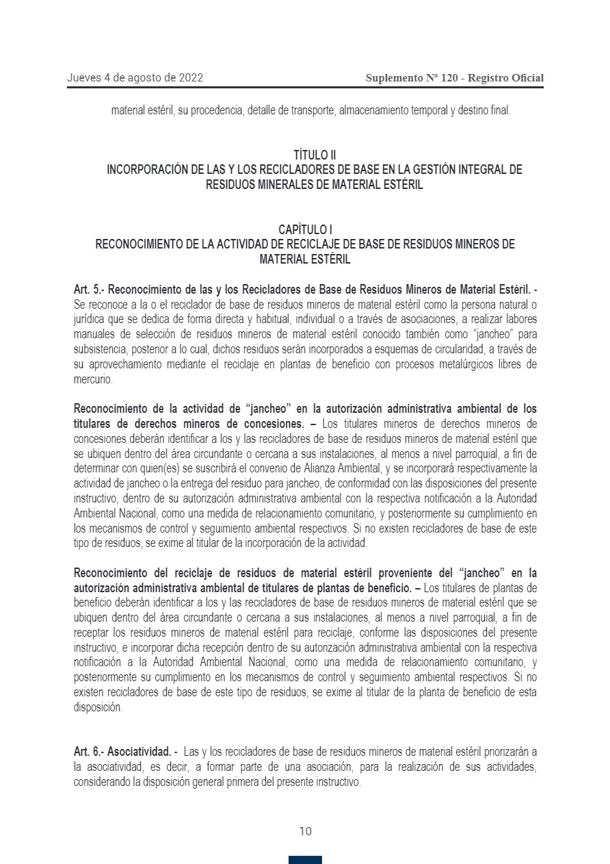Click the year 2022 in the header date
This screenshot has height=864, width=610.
click(x=189, y=78)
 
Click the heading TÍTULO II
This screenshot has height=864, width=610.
click(x=315, y=156)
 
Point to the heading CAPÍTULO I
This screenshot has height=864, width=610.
click(x=305, y=229)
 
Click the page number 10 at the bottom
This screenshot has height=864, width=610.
click(x=305, y=831)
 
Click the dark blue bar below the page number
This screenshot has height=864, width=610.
click(x=305, y=859)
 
